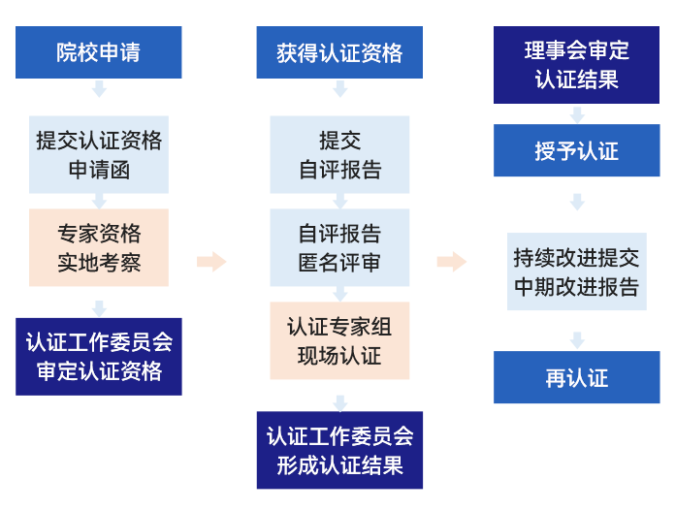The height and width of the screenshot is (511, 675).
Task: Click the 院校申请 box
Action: [x=98, y=52]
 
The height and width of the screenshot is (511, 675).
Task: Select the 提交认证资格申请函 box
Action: [x=98, y=154]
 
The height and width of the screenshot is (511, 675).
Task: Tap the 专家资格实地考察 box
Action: [x=98, y=247]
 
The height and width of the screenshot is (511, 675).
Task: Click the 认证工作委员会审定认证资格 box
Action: [x=98, y=356]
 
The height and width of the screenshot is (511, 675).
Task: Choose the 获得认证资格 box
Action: [x=338, y=52]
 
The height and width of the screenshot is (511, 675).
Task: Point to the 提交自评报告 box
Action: [x=339, y=154]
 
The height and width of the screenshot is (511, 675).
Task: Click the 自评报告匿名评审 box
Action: [x=339, y=247]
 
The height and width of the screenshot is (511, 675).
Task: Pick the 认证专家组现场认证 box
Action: [x=339, y=340]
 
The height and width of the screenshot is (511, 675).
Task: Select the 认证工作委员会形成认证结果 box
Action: [x=339, y=450]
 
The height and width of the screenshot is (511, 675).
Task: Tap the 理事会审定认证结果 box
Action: [x=577, y=64]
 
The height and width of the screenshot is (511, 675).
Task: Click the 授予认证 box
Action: [x=577, y=150]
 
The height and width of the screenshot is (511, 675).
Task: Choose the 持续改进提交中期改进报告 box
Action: [x=577, y=271]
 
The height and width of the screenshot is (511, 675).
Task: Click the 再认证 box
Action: [x=577, y=377]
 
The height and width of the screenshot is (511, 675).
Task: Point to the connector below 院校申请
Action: [x=99, y=89]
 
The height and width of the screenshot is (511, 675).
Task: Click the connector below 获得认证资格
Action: [x=339, y=89]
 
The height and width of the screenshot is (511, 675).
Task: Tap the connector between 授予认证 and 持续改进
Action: [x=577, y=201]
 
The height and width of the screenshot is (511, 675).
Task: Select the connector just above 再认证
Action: [x=577, y=340]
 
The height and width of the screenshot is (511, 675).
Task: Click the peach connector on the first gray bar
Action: [x=212, y=261]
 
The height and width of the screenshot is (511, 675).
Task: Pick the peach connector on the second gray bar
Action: [x=453, y=261]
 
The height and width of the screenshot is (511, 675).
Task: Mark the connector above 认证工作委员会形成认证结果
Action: [x=339, y=402]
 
